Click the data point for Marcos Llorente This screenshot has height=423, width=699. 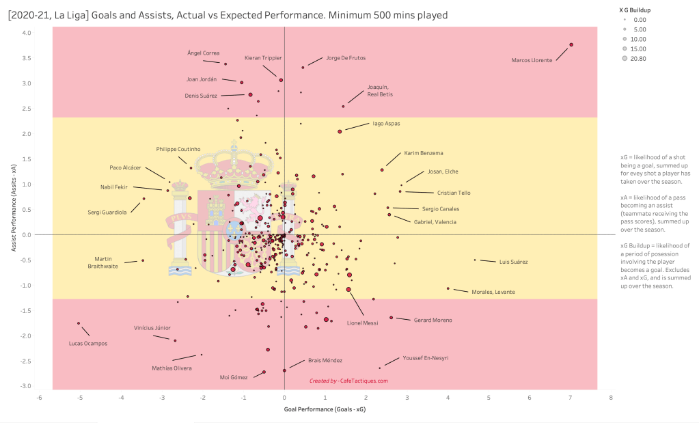[571, 44]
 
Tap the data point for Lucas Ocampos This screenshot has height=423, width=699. [79, 323]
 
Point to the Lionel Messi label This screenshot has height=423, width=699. [362, 323]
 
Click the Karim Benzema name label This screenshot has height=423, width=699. [424, 152]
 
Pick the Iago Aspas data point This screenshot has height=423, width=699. [340, 131]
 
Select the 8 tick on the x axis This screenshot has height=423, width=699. [611, 396]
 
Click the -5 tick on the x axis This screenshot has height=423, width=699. [80, 396]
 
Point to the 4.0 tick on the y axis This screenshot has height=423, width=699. [26, 33]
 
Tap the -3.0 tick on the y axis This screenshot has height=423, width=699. [26, 386]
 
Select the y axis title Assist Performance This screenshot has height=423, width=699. [13, 209]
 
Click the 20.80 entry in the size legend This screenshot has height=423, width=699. [643, 59]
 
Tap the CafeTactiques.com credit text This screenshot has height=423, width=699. [348, 381]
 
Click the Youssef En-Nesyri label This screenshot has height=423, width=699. [426, 357]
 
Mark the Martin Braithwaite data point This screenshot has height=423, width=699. [143, 260]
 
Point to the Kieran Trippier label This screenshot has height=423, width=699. [263, 58]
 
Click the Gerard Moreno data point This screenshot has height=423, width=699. [391, 318]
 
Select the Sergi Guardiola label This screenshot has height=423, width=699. [107, 213]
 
